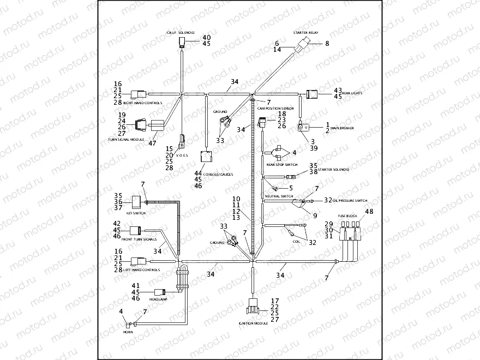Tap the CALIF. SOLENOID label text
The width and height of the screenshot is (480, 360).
181,33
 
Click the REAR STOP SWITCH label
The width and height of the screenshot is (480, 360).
281,164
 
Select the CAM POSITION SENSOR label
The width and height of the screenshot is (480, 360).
275,109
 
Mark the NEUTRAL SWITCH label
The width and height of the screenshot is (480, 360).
279,196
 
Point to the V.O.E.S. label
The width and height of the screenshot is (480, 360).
181,155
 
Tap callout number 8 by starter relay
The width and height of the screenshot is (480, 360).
327,43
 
